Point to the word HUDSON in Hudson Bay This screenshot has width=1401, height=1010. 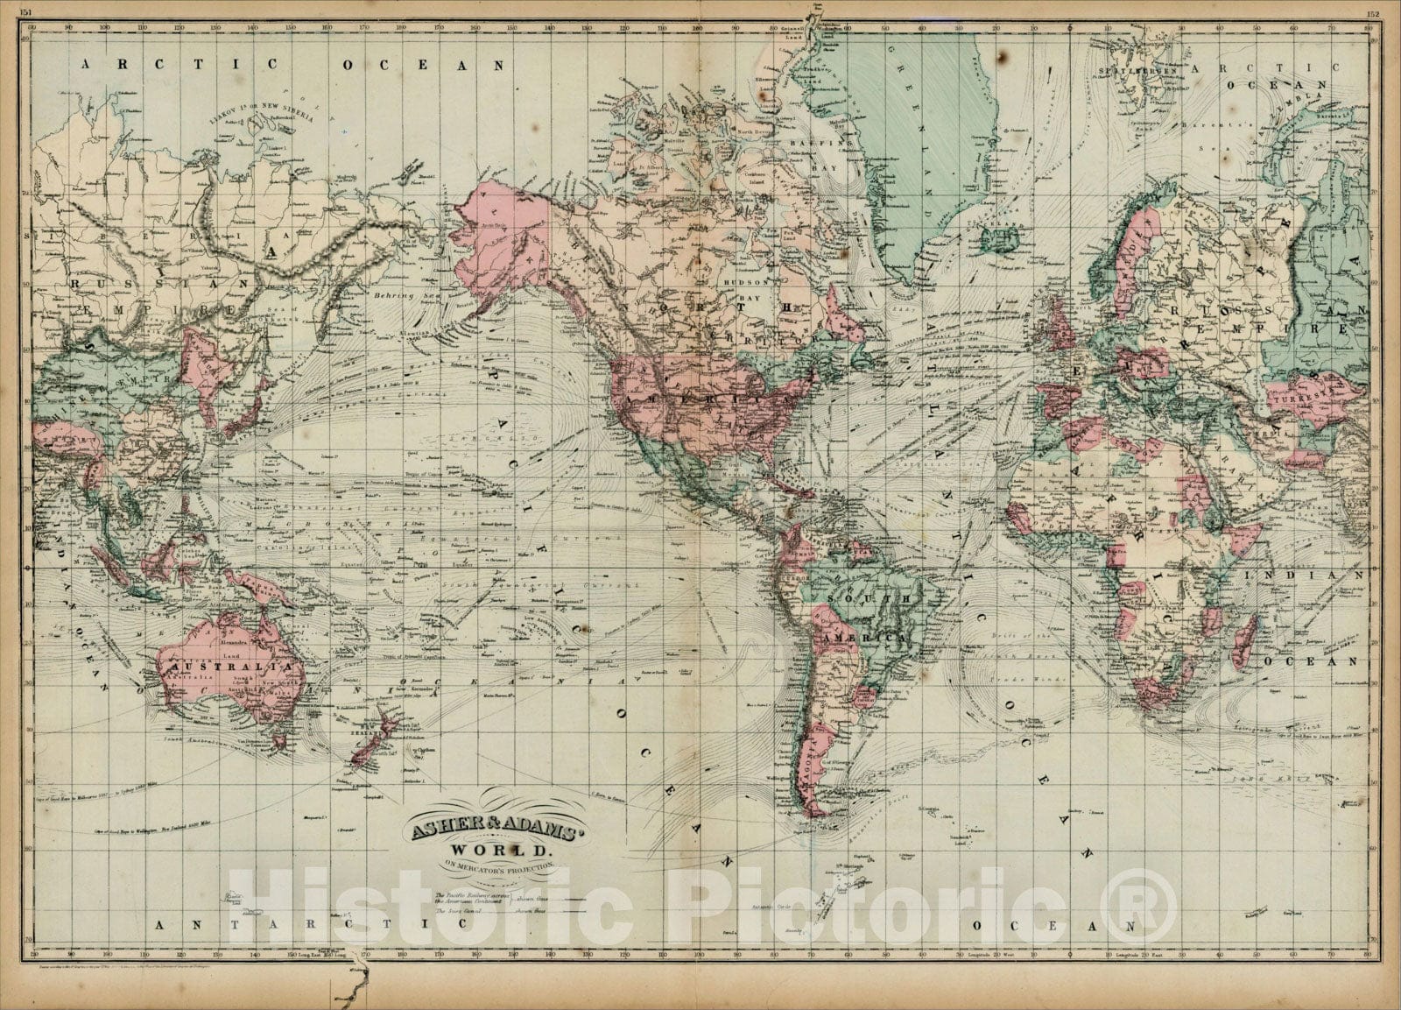pyautogui.click(x=745, y=283)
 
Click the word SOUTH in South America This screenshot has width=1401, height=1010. pyautogui.click(x=864, y=597)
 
